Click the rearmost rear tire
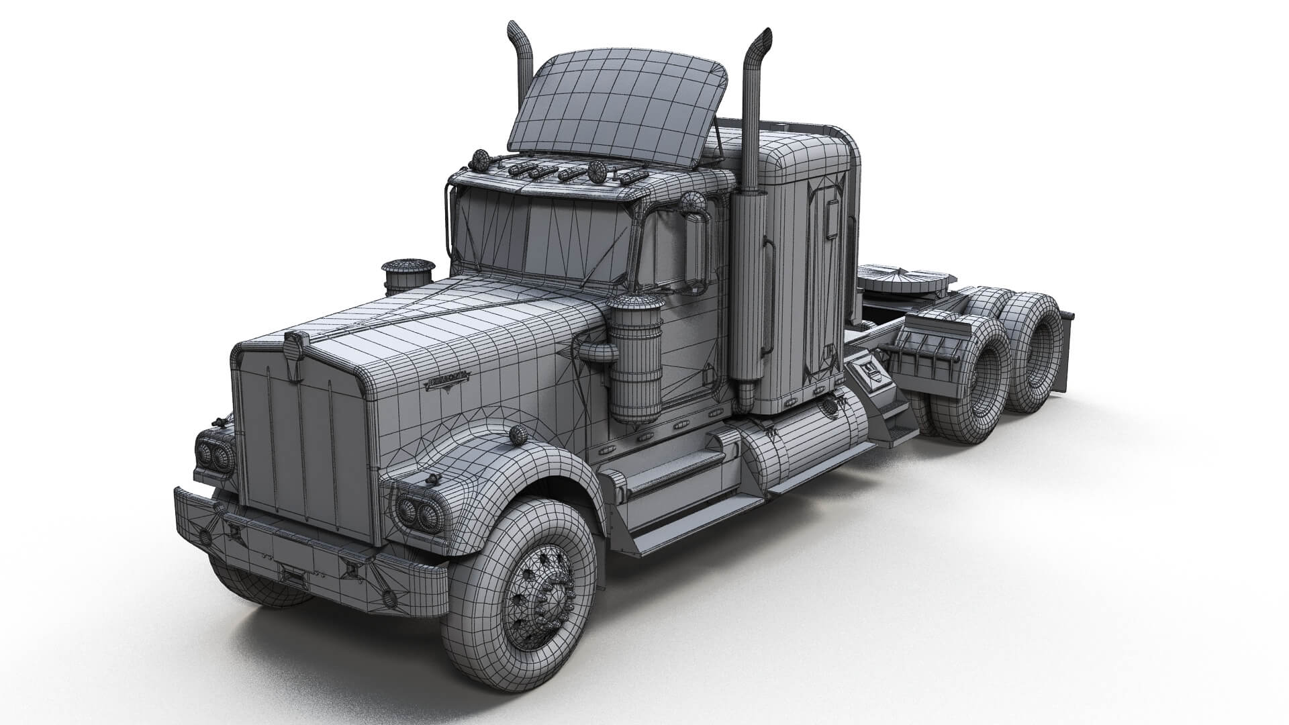(x=1037, y=356)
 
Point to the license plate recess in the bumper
(x=293, y=576)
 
